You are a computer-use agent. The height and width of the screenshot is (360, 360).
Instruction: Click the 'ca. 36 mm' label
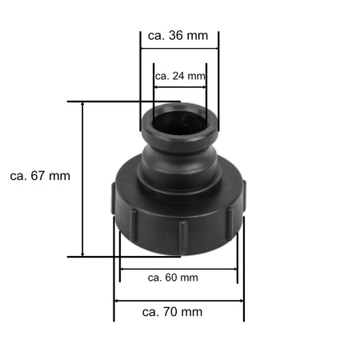(180, 36)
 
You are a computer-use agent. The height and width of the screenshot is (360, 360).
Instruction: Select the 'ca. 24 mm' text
(180, 77)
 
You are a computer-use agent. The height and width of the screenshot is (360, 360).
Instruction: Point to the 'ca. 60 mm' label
(174, 278)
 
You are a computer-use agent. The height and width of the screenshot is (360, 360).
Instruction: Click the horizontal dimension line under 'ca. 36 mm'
(180, 48)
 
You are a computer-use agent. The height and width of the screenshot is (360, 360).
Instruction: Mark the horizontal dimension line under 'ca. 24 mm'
(180, 86)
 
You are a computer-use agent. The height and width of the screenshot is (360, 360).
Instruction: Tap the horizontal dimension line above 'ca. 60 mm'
(178, 268)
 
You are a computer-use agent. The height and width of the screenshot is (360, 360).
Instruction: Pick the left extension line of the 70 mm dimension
(115, 272)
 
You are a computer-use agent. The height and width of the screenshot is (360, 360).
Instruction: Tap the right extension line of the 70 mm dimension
(244, 272)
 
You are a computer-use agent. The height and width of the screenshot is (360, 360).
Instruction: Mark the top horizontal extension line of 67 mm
(112, 102)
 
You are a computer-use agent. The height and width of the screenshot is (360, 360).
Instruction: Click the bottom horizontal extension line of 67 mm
(112, 257)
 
